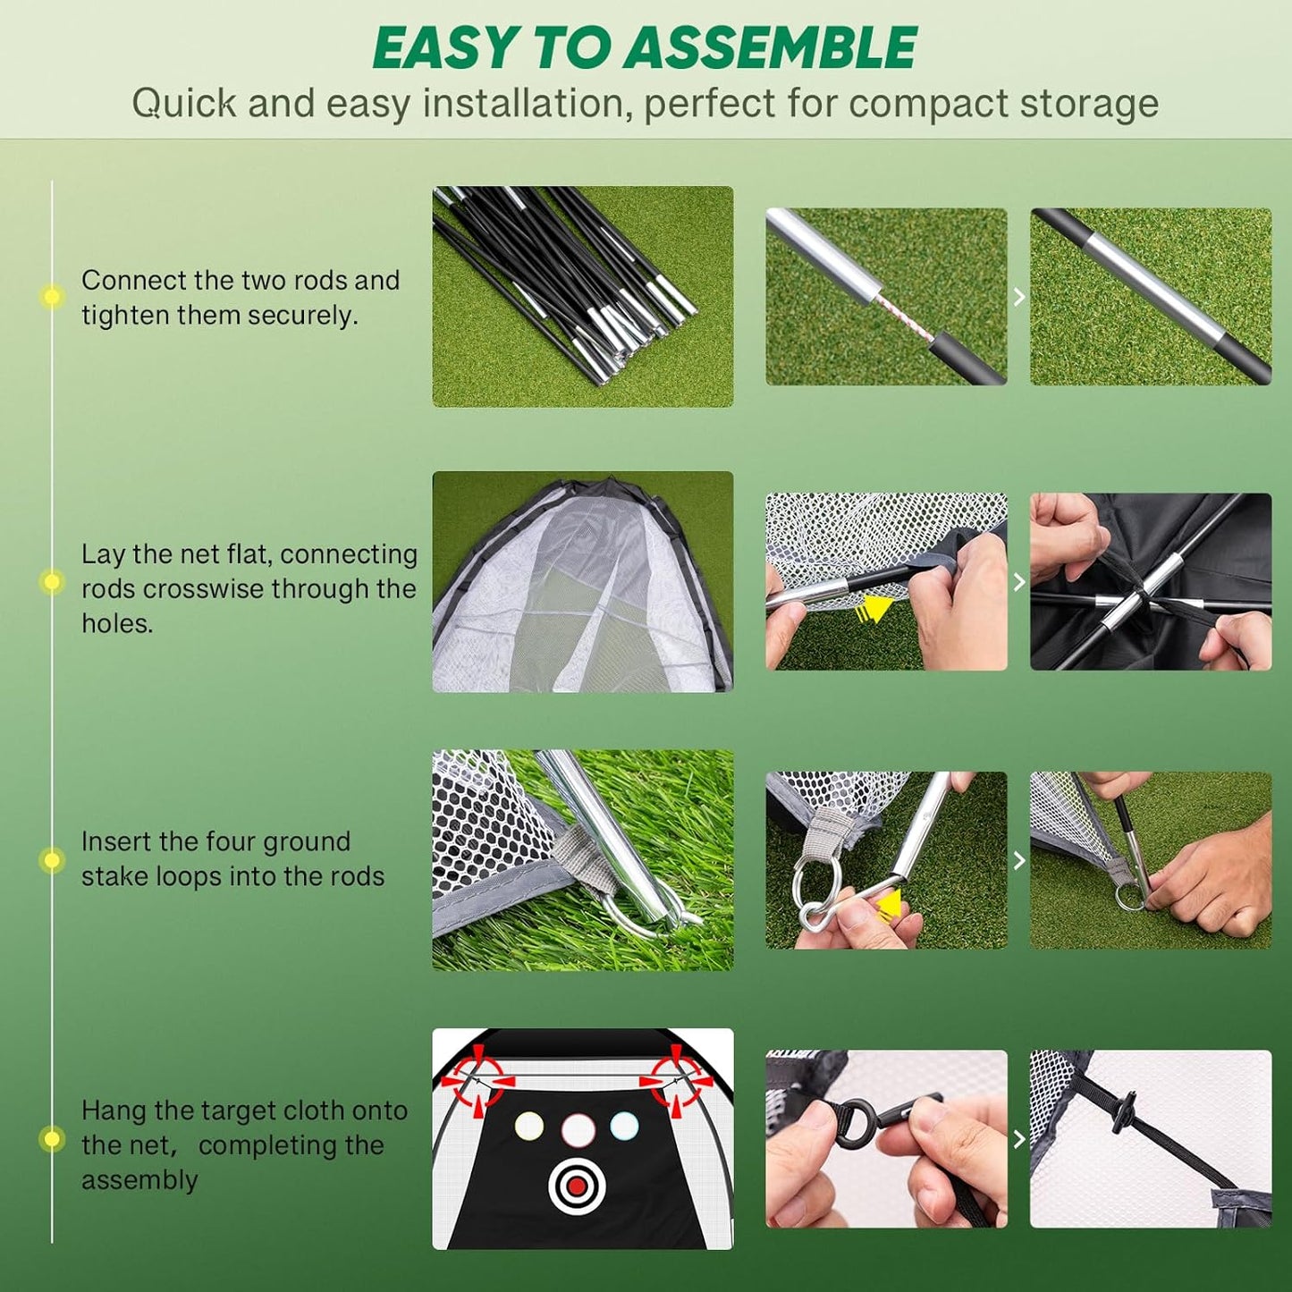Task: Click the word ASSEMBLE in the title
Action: (770, 48)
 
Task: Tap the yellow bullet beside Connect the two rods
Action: (52, 297)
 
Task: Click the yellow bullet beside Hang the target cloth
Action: (52, 1139)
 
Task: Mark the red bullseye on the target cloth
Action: (578, 1186)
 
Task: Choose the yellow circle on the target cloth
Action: (529, 1126)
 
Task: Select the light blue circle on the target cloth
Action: (624, 1126)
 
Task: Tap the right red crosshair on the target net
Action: (677, 1079)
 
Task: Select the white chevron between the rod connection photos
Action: (1019, 297)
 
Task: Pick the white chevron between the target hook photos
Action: (1019, 1139)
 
